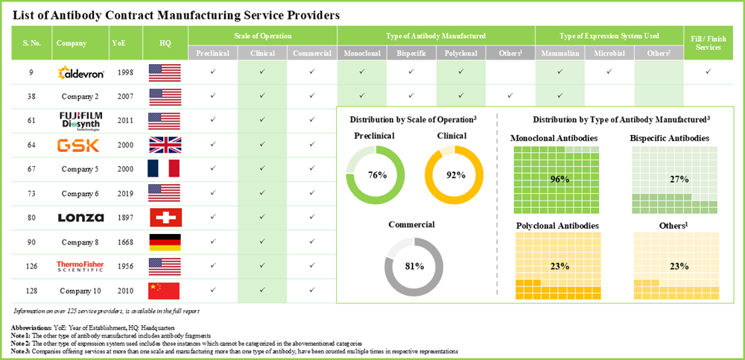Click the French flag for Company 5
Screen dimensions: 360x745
[165, 169]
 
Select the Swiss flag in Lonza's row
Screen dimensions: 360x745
[165, 218]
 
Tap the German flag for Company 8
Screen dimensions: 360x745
[165, 241]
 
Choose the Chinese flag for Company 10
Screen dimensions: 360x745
[165, 290]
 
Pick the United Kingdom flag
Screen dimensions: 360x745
[165, 145]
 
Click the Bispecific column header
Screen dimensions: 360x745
[411, 54]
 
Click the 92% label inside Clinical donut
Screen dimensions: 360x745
[455, 176]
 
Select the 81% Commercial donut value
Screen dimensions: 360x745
[414, 266]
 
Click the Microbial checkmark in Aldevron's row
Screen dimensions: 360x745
[609, 72]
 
